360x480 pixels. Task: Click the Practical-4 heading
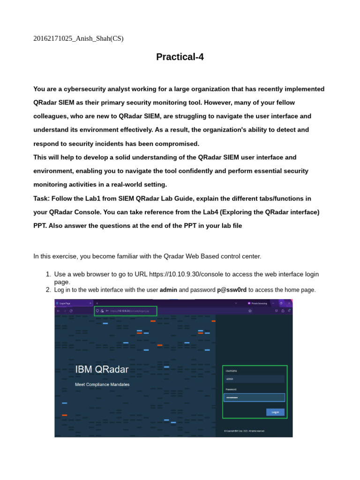coord(180,57)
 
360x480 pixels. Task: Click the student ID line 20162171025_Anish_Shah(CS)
coord(78,38)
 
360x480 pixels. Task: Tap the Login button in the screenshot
coord(275,412)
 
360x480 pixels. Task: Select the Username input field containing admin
coord(254,379)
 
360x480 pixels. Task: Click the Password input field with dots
coord(254,397)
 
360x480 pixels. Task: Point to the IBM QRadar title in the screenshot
coord(102,369)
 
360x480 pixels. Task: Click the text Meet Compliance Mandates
coord(102,384)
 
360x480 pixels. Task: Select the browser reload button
coord(71,310)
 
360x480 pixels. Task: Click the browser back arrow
coord(58,310)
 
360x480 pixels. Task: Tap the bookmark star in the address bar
coord(250,310)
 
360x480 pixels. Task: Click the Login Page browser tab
coord(70,303)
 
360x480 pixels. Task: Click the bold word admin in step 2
coord(168,290)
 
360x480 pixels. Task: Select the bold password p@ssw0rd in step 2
coord(232,290)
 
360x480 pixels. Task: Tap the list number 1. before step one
coord(48,274)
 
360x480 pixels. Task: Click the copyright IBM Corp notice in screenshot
coord(244,430)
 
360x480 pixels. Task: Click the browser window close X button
coord(289,303)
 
